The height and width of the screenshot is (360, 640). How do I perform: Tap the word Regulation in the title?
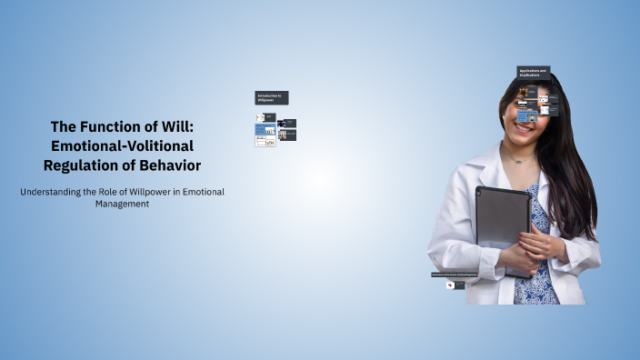coord(85,165)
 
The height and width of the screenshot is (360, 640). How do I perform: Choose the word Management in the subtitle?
coord(122,204)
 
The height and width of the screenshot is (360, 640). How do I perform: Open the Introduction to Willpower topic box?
coord(271,97)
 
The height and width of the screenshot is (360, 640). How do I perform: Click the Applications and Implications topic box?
coord(533,72)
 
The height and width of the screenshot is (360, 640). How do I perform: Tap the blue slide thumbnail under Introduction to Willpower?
coord(265,130)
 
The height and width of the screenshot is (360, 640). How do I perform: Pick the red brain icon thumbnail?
coord(450,285)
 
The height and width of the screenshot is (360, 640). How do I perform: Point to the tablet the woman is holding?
coord(503,218)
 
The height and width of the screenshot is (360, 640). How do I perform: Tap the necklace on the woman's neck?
coord(519,160)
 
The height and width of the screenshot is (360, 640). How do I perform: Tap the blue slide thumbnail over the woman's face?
coord(527,116)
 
